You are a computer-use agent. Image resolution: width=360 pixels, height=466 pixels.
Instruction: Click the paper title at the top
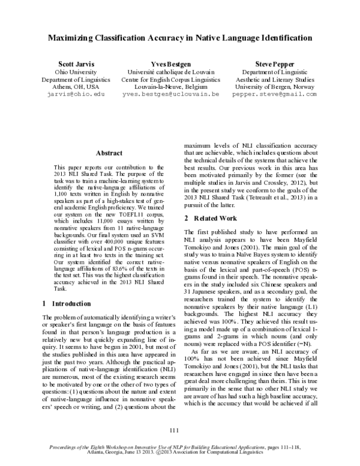[180, 37]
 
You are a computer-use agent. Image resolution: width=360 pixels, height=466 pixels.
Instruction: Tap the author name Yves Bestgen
[179, 63]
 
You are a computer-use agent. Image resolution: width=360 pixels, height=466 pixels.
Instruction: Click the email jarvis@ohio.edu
[75, 94]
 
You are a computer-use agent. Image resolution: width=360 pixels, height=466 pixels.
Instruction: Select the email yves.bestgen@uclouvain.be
[179, 94]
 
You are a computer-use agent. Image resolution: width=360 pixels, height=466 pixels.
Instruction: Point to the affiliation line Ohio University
[75, 71]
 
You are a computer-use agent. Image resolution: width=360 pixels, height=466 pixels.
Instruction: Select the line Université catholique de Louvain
[179, 71]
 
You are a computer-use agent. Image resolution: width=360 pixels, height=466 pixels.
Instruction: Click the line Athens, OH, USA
[75, 86]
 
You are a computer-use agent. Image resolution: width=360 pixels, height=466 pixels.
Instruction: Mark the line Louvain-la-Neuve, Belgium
[179, 86]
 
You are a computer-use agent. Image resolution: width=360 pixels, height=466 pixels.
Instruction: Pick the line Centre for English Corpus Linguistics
[179, 79]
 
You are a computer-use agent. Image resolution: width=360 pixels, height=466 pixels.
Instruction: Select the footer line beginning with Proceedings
[180, 448]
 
